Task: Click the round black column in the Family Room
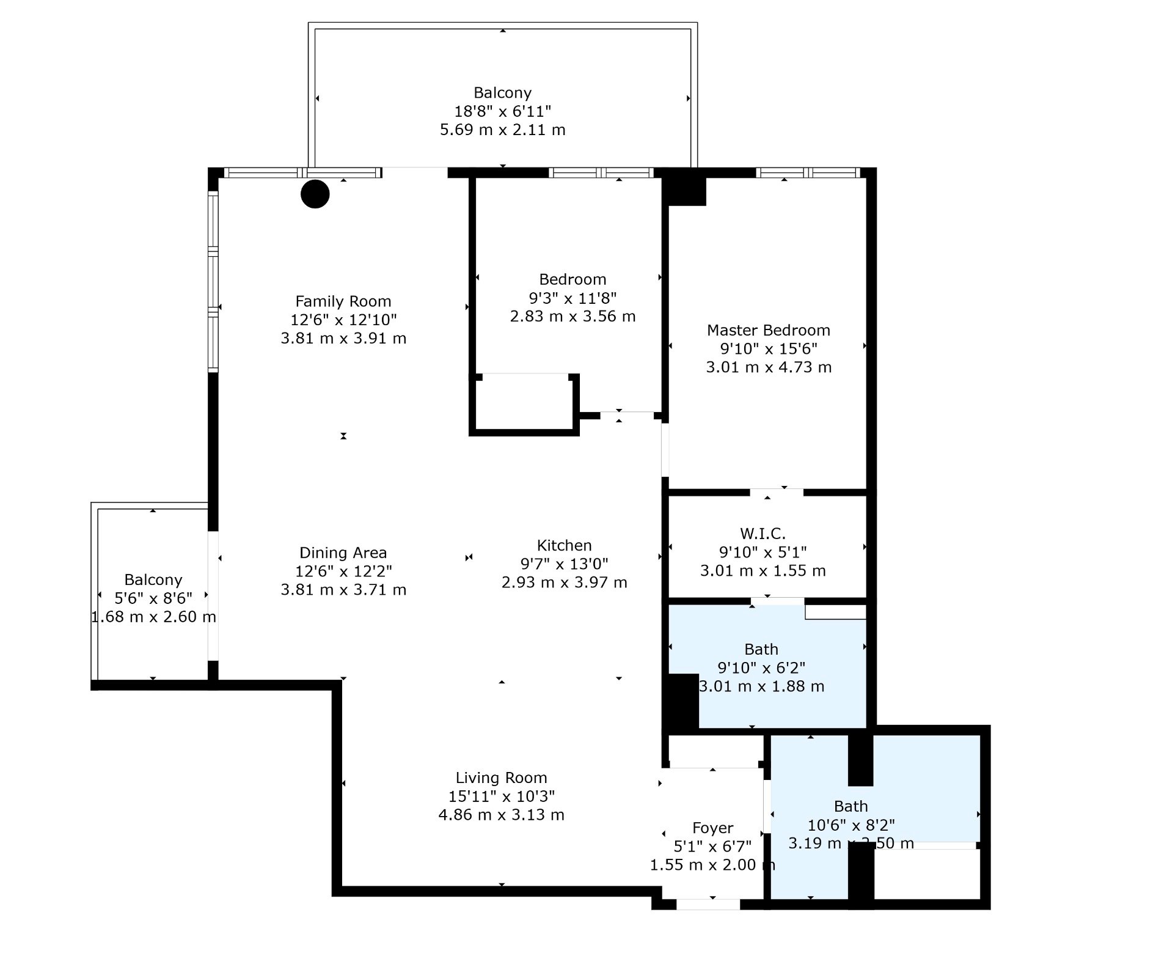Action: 315,194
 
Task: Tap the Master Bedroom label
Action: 768,331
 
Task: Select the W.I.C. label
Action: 762,534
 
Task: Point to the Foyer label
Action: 712,828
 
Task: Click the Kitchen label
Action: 564,545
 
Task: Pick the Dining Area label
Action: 343,553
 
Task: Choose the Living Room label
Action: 501,778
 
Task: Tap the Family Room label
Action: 343,301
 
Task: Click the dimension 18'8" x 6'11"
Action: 502,111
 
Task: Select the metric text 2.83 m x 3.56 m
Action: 573,317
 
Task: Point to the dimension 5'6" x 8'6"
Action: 153,598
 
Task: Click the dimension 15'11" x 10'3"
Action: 501,796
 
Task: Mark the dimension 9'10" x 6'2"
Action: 761,667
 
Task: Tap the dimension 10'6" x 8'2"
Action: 851,825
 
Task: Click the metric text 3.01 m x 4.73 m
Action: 769,367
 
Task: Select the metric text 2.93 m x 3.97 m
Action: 564,583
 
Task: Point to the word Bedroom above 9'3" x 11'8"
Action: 573,279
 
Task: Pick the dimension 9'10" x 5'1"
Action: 763,552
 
